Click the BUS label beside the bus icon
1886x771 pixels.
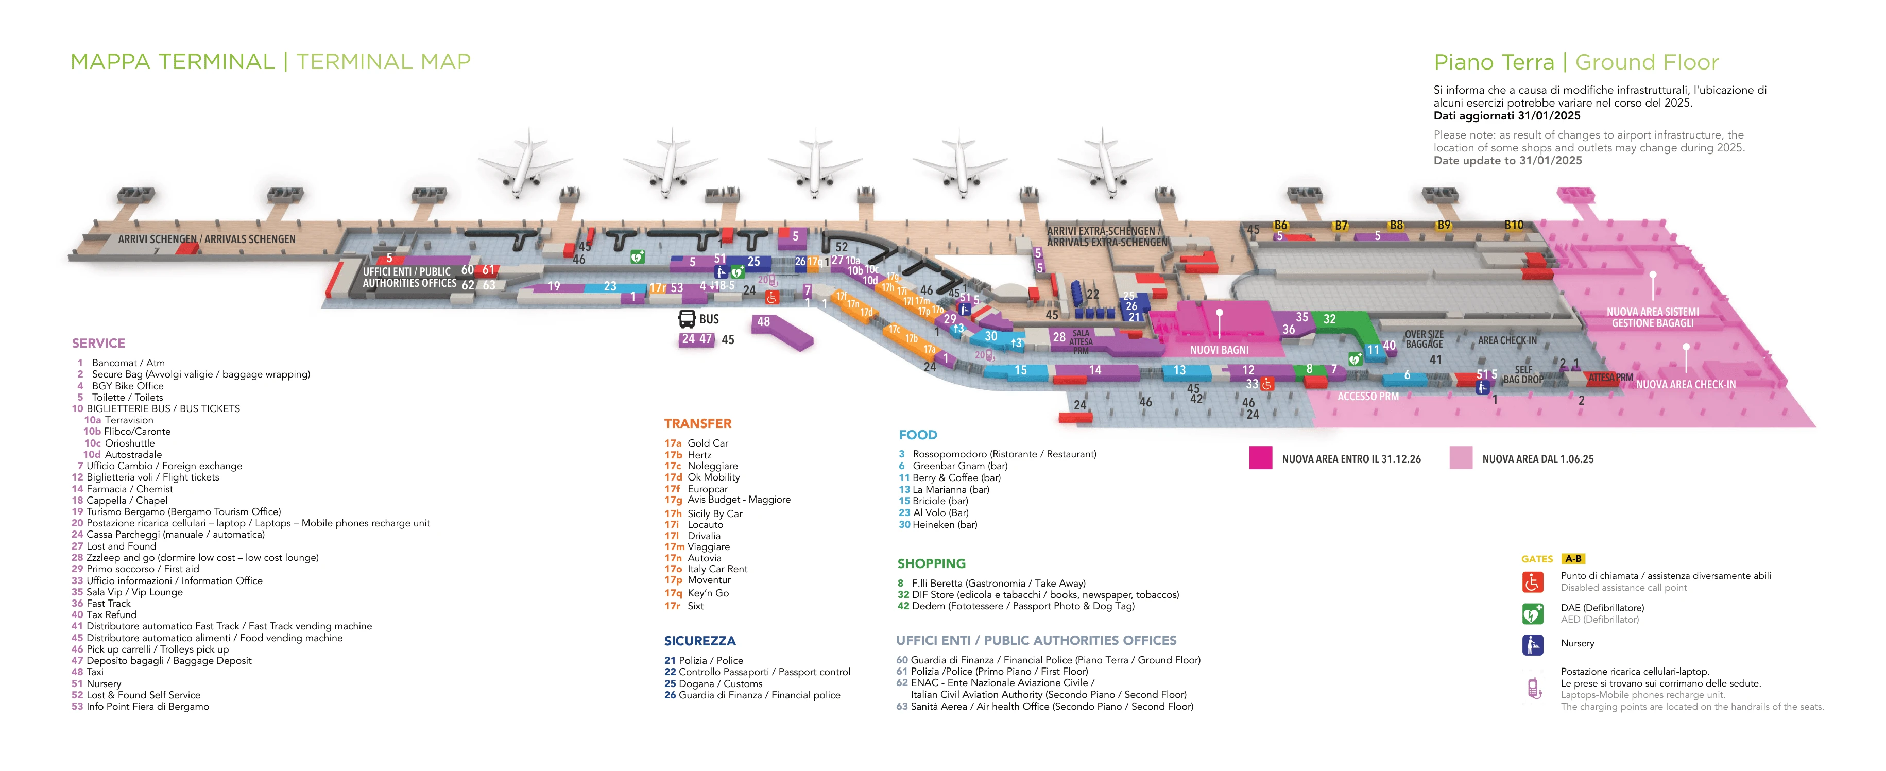pos(709,319)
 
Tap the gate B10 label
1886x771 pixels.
pos(1513,225)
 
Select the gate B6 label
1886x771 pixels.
pos(1280,225)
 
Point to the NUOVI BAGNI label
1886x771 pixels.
pos(1219,350)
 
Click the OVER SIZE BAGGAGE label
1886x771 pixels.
pos(1424,339)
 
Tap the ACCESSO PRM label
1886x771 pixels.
pos(1368,396)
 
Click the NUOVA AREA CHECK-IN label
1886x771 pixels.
pos(1685,384)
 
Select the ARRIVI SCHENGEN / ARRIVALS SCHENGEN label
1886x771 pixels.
pos(207,239)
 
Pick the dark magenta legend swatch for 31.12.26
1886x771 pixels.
pos(1260,458)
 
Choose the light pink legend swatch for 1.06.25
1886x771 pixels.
pos(1461,458)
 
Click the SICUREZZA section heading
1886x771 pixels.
pos(699,641)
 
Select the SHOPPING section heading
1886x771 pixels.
pos(931,563)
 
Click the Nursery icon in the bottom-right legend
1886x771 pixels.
pos(1532,644)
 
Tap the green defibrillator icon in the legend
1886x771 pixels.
pos(1532,613)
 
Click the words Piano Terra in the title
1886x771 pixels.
pos(1493,62)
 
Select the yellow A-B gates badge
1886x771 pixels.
pos(1573,559)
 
